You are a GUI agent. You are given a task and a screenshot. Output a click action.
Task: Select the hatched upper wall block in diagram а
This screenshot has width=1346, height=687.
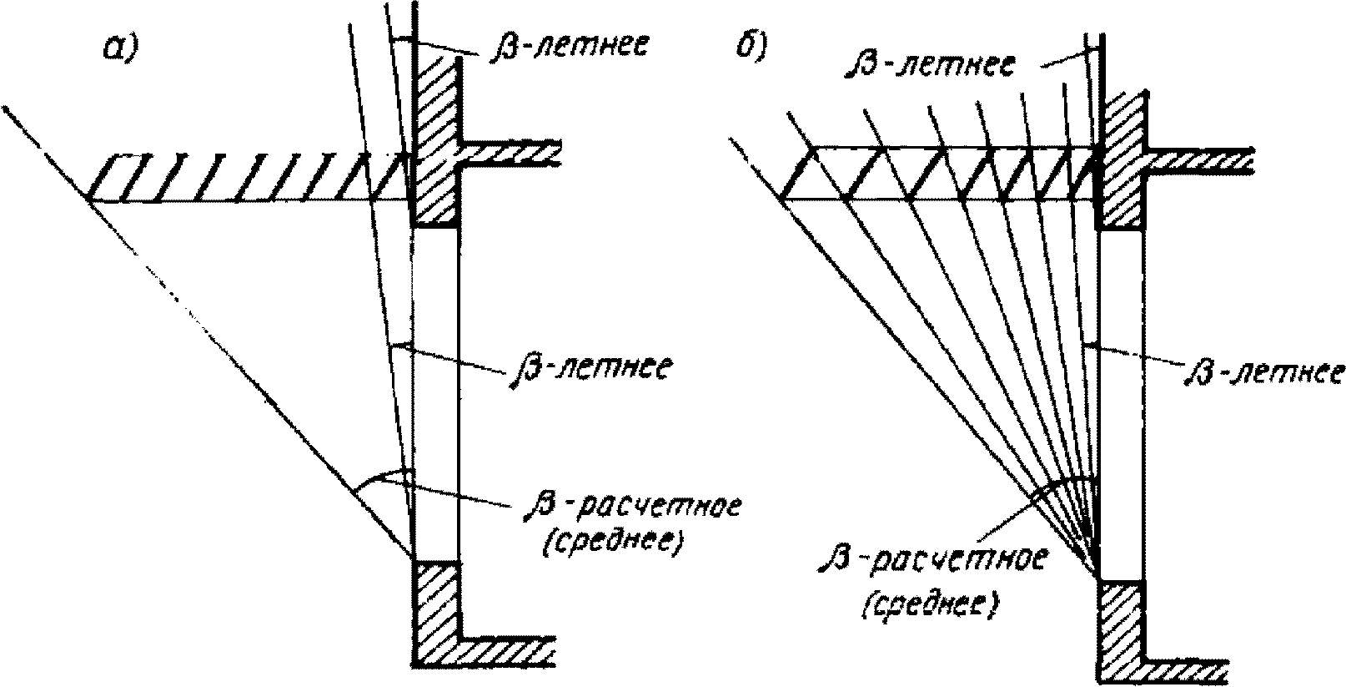(435, 142)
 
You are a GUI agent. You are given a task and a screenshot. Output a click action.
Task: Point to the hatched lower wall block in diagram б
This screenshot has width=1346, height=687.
(1123, 630)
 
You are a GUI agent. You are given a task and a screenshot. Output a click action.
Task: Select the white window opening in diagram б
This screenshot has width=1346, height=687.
(1123, 405)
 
